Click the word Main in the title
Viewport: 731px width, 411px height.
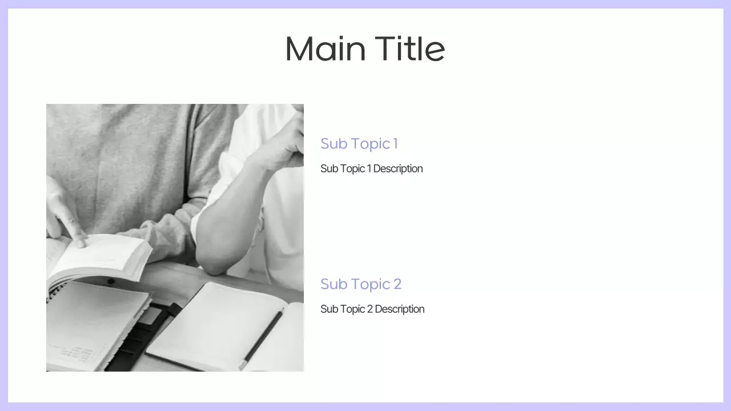tap(325, 49)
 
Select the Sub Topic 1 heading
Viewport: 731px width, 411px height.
tap(359, 144)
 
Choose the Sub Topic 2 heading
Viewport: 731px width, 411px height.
tap(360, 284)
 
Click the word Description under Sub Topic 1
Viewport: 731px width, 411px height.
tap(397, 169)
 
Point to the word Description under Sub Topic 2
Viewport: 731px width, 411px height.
tap(399, 309)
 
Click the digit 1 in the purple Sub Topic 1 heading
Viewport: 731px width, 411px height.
tap(395, 144)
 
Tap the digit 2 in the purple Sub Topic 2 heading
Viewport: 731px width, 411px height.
tap(397, 284)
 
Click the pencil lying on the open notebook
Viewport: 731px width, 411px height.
tap(262, 338)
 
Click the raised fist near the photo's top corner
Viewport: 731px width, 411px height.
tap(288, 143)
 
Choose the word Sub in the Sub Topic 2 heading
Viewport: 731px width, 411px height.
tap(331, 284)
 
